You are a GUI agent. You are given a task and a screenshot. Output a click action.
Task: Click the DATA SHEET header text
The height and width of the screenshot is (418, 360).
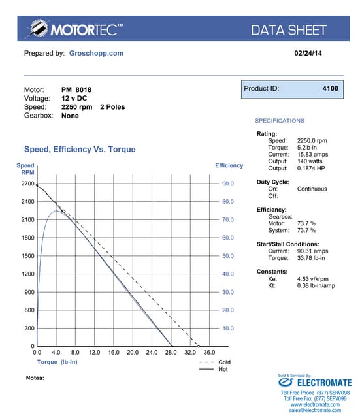[288, 29]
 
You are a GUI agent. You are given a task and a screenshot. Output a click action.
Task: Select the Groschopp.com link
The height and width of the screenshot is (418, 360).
[96, 53]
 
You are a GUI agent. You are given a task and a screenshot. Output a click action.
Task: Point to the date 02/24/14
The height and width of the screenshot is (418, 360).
[304, 53]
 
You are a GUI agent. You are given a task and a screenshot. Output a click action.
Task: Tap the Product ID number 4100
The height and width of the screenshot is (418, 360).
[330, 88]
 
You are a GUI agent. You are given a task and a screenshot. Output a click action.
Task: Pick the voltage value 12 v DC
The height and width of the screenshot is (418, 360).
[75, 98]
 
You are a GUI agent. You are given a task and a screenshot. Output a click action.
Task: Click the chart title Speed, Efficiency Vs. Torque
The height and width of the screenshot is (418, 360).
[80, 149]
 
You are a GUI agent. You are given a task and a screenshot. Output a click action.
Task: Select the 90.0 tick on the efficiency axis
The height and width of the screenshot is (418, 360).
[228, 184]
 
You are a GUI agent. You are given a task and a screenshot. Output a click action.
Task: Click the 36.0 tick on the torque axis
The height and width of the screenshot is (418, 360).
[209, 353]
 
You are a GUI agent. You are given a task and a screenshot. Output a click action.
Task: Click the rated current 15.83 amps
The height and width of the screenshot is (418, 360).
[313, 154]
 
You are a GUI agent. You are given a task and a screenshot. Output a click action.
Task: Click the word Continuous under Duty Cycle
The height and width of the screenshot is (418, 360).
[312, 189]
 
